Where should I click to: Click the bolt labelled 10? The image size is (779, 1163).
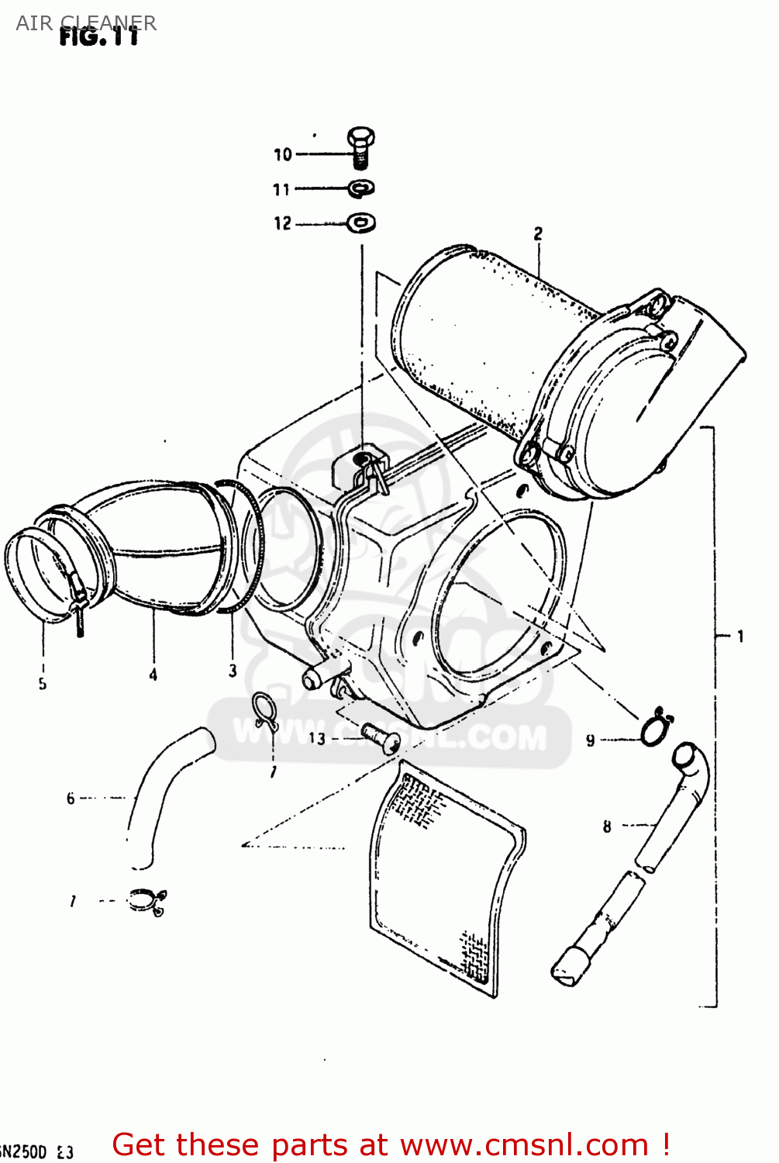tap(361, 147)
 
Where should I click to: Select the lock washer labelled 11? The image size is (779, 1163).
tap(361, 188)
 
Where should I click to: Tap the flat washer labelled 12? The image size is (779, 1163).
tap(361, 223)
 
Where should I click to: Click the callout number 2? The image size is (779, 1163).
tap(538, 233)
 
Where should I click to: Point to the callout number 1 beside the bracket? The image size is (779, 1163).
tap(740, 637)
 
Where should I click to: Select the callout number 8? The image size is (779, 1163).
tap(607, 827)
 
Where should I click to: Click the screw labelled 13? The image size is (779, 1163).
tap(381, 736)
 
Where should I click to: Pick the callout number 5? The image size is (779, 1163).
tap(43, 684)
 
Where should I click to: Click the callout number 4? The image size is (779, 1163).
tap(153, 675)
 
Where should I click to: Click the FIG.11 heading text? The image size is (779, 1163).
tap(99, 37)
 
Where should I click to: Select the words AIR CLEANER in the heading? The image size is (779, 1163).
tap(85, 22)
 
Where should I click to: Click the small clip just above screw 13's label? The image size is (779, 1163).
tap(264, 710)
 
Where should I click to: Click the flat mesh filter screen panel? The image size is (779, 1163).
tap(446, 876)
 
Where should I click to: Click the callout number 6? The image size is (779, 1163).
tap(71, 799)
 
